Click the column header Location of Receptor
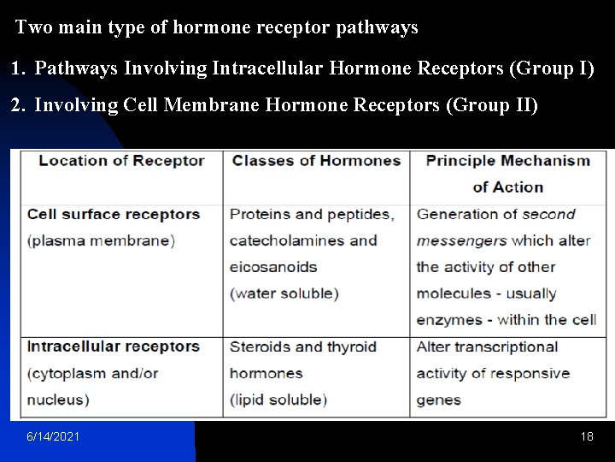click(x=121, y=160)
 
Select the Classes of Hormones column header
click(x=316, y=160)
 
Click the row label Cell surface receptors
click(x=114, y=214)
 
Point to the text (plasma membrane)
click(x=101, y=240)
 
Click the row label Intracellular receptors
click(x=114, y=346)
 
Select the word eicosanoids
click(x=273, y=267)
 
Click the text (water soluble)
click(x=284, y=293)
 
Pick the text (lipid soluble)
click(x=278, y=400)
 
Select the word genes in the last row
click(x=438, y=400)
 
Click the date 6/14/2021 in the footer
click(x=54, y=436)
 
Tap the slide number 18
click(x=587, y=436)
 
